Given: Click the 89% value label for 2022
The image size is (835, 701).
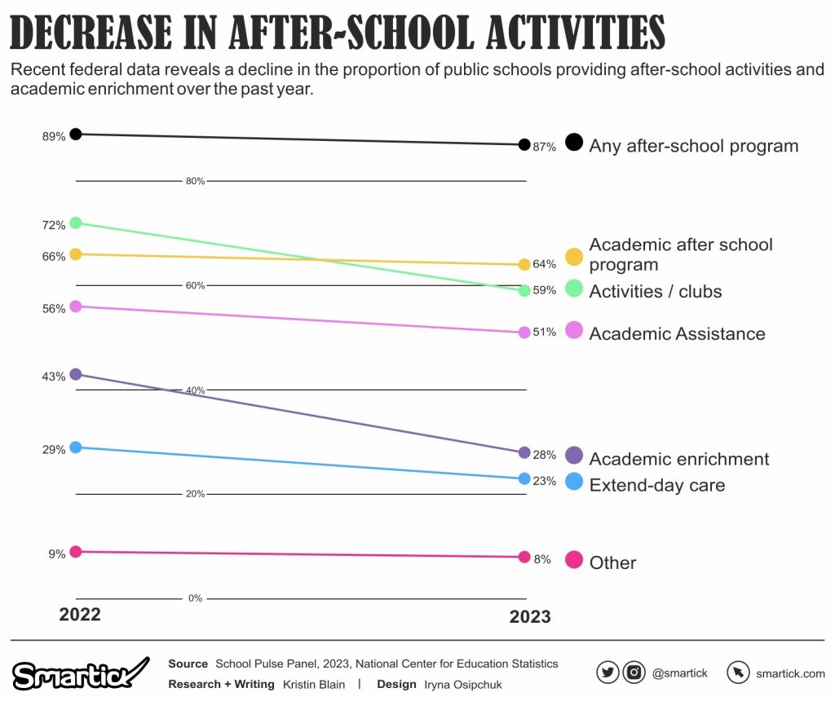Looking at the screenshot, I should tap(54, 137).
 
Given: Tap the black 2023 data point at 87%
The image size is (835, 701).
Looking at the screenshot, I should tap(524, 145).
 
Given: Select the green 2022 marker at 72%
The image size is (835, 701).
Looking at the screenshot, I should tap(76, 223).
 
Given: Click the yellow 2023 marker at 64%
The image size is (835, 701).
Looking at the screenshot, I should tap(524, 265).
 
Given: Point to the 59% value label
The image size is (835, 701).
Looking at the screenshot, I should tap(544, 290).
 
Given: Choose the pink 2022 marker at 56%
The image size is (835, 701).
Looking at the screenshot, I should tap(76, 306).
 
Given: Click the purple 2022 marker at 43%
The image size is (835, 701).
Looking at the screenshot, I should tap(76, 374).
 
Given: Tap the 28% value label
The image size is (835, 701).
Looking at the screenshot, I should tap(544, 455).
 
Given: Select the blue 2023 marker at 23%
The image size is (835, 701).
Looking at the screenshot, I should tap(524, 478).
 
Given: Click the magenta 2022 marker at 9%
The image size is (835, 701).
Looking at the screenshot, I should tap(76, 552).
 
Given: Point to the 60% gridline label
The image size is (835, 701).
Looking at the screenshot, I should tap(195, 285).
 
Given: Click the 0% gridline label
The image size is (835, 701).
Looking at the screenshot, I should tap(195, 598).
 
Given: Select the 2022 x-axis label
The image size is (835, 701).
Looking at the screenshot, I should tap(80, 615).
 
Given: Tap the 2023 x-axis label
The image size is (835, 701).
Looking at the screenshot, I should tap(530, 617).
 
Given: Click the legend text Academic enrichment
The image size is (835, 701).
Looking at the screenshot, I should tap(678, 459).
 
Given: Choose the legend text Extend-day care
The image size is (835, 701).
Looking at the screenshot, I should tap(656, 485).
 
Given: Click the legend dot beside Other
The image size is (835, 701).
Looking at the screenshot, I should tap(574, 560).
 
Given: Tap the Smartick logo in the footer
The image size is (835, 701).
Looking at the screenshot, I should tap(80, 673).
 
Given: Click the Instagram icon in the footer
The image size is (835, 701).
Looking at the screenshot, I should tap(634, 672).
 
